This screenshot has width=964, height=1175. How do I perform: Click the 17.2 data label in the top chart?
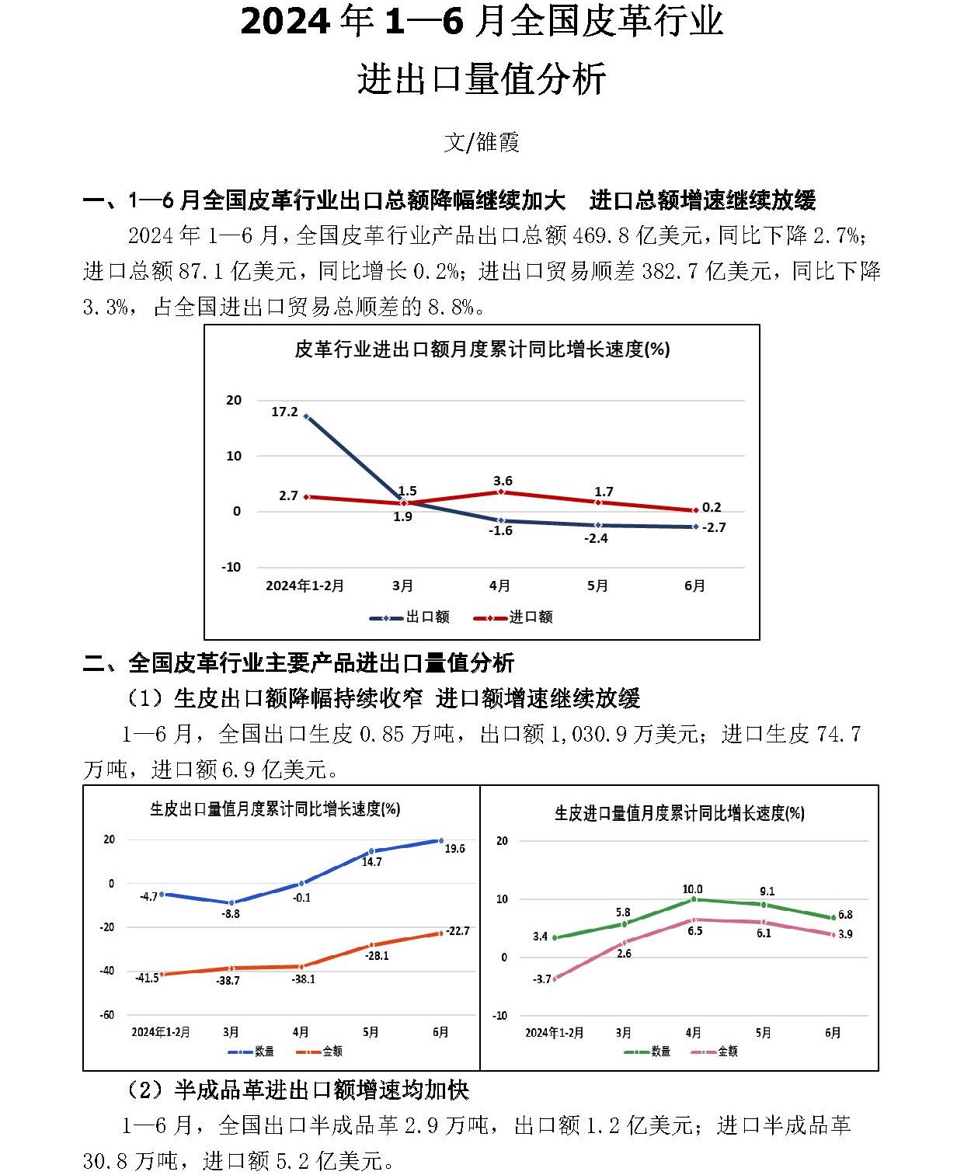(x=284, y=412)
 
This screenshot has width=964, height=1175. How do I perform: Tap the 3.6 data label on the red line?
(x=503, y=481)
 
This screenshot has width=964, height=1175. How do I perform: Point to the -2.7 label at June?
(x=714, y=527)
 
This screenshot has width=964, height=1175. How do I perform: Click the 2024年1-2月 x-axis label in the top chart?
(x=305, y=586)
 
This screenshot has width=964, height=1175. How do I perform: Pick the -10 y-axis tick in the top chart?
(x=231, y=567)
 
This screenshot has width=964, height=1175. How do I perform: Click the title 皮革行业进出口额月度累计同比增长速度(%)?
(x=482, y=349)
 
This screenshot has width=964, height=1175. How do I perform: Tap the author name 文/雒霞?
(x=482, y=142)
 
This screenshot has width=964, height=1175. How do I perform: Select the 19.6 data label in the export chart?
(x=454, y=849)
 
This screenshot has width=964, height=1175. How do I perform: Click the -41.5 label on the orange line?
(x=147, y=978)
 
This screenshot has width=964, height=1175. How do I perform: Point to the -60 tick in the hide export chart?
(x=106, y=1014)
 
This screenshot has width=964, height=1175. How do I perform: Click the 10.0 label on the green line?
(x=692, y=889)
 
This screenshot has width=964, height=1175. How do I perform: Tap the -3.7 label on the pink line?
(x=541, y=979)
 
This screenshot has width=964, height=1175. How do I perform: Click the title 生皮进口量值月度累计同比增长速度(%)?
(x=679, y=813)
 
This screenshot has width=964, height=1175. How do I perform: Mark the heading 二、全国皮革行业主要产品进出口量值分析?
(x=298, y=662)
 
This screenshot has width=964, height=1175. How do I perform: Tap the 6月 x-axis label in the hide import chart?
(x=832, y=1033)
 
